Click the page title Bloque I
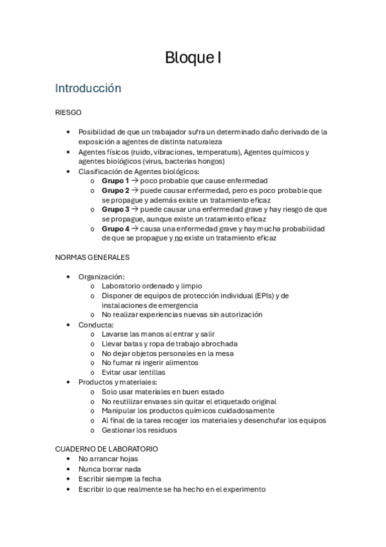(193, 57)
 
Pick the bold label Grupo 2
(115, 190)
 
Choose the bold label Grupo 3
(115, 209)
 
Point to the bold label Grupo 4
(115, 228)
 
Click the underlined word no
(179, 238)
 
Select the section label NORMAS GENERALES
(92, 257)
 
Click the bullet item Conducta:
(96, 324)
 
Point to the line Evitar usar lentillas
(133, 372)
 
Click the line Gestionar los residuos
(139, 430)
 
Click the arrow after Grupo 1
(135, 181)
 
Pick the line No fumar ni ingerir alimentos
(150, 363)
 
